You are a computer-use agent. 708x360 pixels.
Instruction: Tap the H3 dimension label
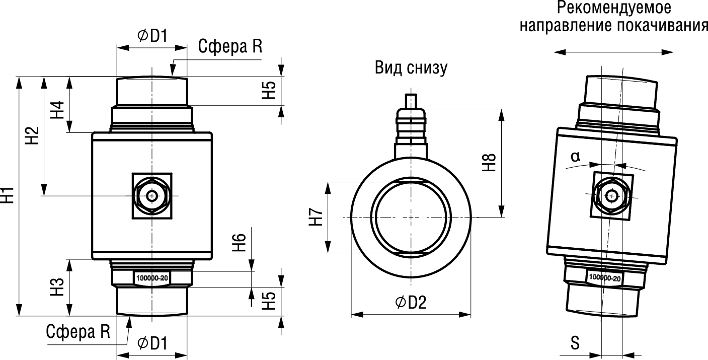point(59,287)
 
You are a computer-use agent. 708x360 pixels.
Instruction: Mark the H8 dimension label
point(490,163)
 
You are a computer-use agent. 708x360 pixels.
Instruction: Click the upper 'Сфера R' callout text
point(230,47)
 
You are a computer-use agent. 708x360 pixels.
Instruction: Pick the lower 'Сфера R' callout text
point(78,331)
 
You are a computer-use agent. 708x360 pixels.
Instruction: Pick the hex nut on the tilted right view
point(612,195)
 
